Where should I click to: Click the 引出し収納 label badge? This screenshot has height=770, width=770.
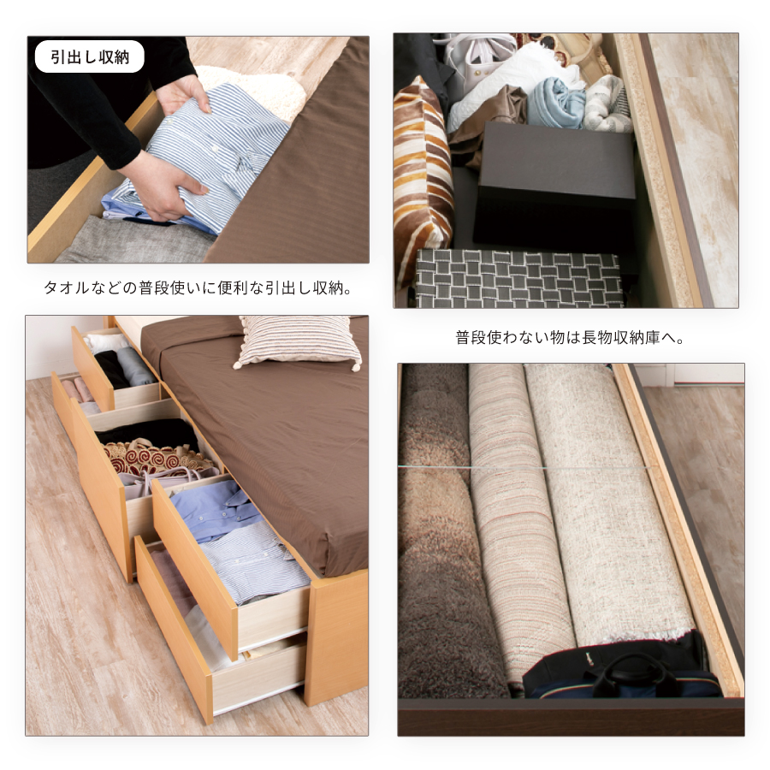click(89, 57)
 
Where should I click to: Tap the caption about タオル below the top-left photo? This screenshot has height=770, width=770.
click(198, 287)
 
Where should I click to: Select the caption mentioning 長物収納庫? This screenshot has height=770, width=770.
click(570, 338)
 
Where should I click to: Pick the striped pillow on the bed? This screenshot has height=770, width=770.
click(299, 341)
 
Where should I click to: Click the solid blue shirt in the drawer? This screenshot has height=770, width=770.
click(217, 510)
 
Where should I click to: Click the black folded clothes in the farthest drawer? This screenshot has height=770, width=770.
click(112, 368)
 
